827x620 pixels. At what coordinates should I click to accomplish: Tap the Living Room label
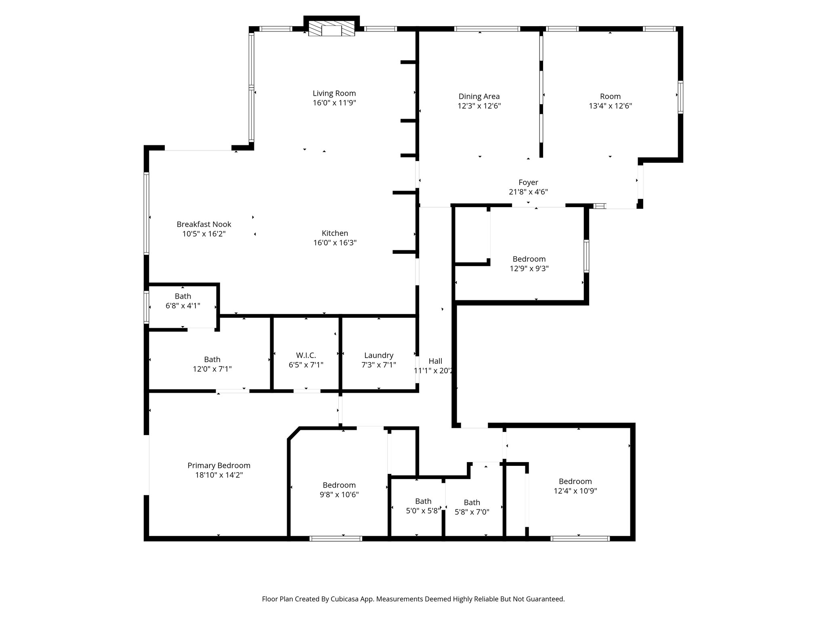click(x=334, y=93)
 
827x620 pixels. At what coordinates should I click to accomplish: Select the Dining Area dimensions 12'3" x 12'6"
click(x=479, y=106)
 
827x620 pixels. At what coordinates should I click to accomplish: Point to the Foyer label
click(x=528, y=182)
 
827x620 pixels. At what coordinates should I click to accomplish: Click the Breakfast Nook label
click(x=204, y=224)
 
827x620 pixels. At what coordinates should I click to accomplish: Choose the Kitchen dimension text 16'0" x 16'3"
click(x=335, y=243)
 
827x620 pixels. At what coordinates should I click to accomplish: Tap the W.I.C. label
click(x=306, y=355)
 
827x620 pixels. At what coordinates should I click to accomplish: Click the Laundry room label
click(x=378, y=355)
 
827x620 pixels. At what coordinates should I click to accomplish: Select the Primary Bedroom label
click(x=219, y=465)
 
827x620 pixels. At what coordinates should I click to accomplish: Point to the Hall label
click(x=435, y=361)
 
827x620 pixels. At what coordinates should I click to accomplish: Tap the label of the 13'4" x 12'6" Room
click(x=610, y=96)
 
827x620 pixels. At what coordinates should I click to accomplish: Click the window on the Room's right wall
click(x=680, y=97)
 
